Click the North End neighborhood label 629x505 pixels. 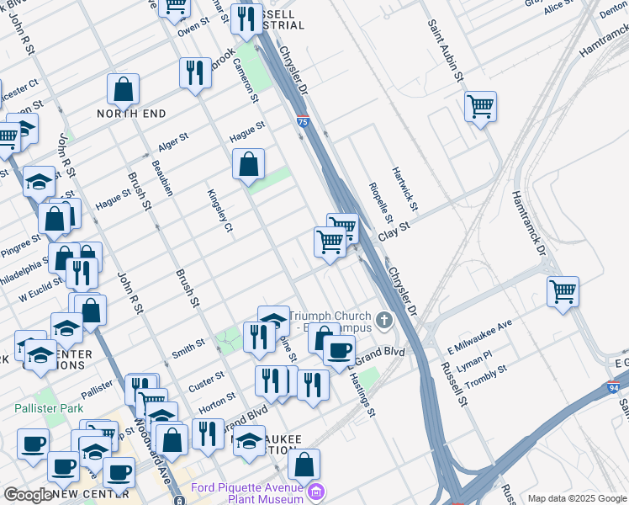[130, 114]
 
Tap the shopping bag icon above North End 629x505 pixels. [123, 88]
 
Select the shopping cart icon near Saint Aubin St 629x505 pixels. [480, 107]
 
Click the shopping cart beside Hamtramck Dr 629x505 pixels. [563, 292]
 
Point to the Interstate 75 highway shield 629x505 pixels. [302, 123]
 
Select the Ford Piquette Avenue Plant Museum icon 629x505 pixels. [316, 492]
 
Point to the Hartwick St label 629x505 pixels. [404, 189]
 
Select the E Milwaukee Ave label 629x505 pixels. [479, 336]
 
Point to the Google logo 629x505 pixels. [28, 495]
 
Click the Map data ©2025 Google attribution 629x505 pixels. [576, 498]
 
